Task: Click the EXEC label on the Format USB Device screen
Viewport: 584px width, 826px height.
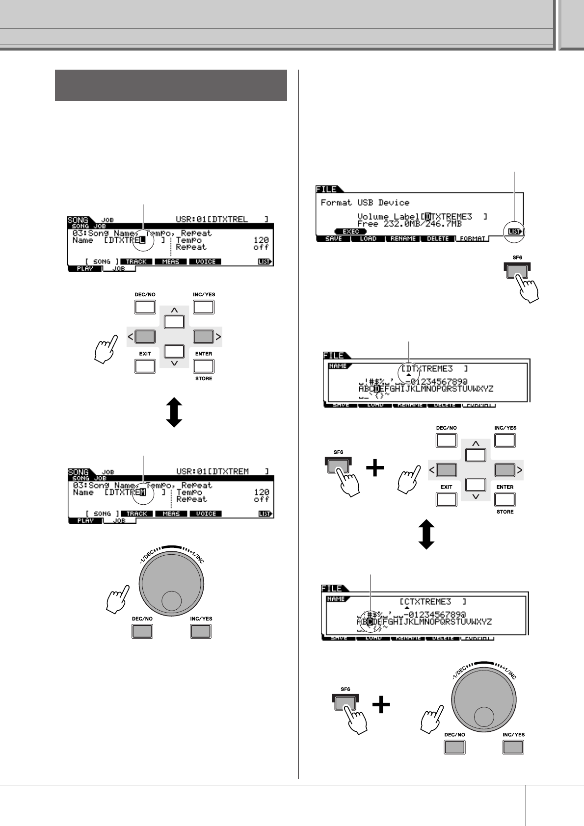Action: coord(350,231)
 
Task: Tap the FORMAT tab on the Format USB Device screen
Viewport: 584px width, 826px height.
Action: coord(472,239)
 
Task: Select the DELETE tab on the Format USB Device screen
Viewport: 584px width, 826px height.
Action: coord(437,239)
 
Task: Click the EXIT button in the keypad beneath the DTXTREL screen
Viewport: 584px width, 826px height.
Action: coord(145,366)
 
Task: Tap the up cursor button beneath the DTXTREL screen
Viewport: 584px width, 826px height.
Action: coord(174,321)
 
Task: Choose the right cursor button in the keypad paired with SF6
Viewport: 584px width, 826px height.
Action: coord(504,470)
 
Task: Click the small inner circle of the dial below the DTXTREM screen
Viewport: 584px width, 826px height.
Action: coord(171,600)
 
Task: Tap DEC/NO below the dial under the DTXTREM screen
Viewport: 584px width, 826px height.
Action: coord(142,631)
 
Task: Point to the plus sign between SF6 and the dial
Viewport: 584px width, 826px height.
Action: coord(381,705)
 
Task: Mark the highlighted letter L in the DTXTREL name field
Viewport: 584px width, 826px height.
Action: coord(143,240)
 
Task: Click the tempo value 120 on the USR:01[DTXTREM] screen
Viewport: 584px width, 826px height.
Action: coord(262,492)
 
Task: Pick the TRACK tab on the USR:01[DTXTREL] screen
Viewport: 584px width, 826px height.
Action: coord(136,261)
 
